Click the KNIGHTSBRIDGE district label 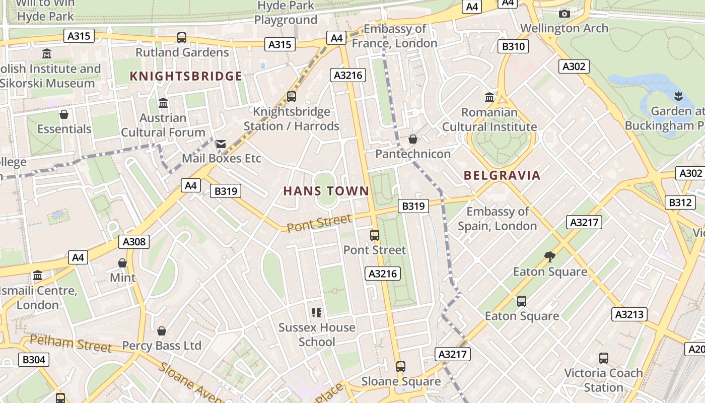coord(186,76)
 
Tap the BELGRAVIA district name coord(502,175)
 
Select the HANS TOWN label coord(326,191)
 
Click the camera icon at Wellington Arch coord(565,14)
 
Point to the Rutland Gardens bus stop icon coord(182,37)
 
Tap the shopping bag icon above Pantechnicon coord(413,139)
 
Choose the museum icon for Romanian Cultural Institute coord(489,97)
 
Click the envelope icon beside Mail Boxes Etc coord(221,144)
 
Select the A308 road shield coord(134,242)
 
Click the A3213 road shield coord(629,314)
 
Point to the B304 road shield coord(34,360)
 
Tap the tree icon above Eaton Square coord(550,257)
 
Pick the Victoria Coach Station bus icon coord(604,358)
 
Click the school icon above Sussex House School coord(317,313)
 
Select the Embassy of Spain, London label coord(498,219)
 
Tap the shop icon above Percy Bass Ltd coord(162,331)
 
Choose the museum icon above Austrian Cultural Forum coord(163,103)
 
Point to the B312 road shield coord(680,203)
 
